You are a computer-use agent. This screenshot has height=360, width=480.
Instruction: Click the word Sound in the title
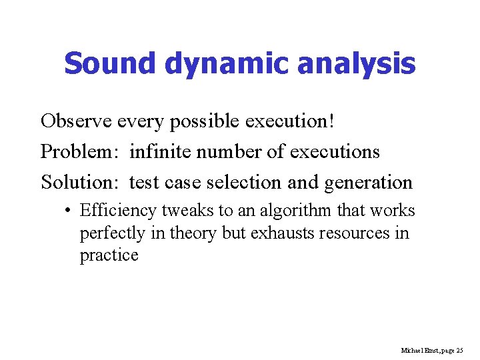point(110,64)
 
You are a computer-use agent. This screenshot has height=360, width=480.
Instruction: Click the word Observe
point(76,121)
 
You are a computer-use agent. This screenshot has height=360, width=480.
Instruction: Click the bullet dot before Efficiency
point(69,211)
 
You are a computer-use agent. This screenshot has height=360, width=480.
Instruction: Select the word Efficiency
point(117,211)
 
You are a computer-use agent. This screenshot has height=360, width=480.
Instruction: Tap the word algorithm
point(293,212)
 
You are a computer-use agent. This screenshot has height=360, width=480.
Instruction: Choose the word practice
point(109,256)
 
